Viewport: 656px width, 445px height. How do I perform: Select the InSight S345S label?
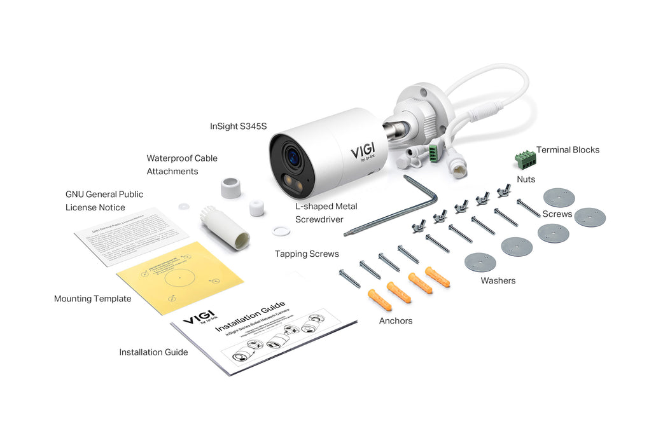[239, 127]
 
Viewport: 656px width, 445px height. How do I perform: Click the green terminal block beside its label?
[525, 158]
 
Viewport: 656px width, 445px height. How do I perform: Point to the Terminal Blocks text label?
[568, 150]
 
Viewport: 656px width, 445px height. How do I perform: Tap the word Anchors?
[396, 321]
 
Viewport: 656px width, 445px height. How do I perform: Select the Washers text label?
[498, 280]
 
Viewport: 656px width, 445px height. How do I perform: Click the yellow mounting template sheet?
[180, 278]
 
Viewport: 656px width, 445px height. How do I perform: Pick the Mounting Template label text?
[93, 299]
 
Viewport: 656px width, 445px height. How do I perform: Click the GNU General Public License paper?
[123, 235]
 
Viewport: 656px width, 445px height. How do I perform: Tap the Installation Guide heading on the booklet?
[251, 317]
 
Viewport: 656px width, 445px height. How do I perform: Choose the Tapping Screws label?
[307, 254]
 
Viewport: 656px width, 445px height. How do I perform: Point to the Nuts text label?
[526, 180]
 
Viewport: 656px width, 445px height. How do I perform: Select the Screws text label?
[557, 214]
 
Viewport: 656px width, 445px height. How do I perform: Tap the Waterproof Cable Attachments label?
[182, 165]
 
